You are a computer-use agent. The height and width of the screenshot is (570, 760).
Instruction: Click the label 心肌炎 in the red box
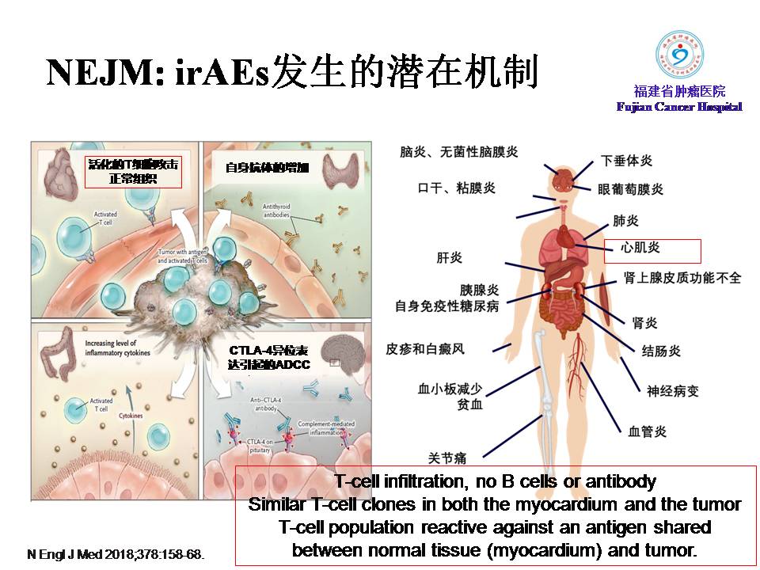(x=640, y=248)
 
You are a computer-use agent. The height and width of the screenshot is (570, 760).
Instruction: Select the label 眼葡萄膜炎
(x=630, y=189)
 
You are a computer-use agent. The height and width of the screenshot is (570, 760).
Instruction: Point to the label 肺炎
(x=625, y=220)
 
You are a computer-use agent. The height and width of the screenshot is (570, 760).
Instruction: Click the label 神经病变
(x=673, y=390)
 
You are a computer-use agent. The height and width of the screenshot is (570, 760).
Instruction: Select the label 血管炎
(x=647, y=431)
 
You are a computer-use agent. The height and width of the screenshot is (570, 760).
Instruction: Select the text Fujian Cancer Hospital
(x=679, y=107)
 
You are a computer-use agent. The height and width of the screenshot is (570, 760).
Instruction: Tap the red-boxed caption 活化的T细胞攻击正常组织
(x=133, y=171)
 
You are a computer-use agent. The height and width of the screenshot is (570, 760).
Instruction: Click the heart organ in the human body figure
(x=569, y=237)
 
